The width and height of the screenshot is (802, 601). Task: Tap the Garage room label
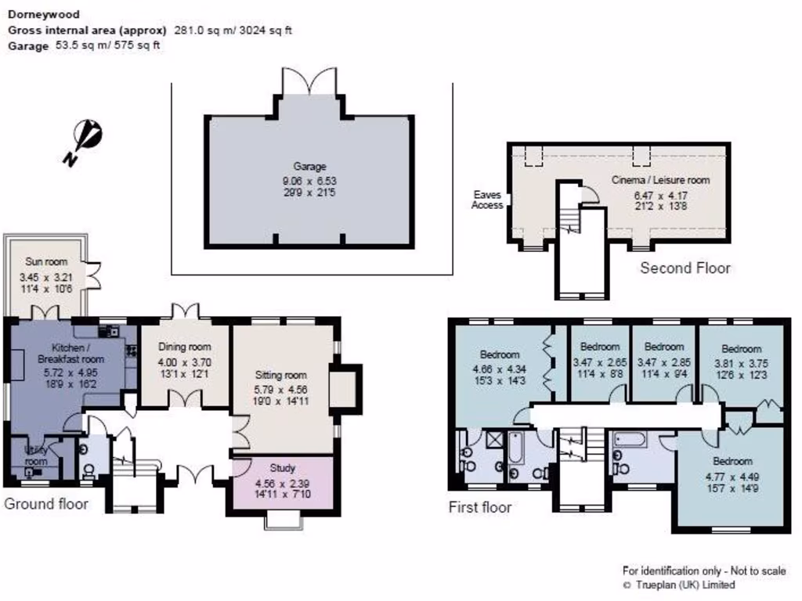(x=309, y=166)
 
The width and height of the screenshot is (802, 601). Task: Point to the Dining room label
(x=185, y=347)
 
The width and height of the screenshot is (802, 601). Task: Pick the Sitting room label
(x=284, y=375)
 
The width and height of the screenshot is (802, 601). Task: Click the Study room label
(x=283, y=468)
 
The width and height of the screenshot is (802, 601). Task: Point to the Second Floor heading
(x=685, y=268)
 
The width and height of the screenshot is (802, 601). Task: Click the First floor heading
(x=479, y=507)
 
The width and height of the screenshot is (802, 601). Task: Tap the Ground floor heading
(x=46, y=503)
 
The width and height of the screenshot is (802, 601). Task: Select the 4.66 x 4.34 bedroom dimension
(x=499, y=369)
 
